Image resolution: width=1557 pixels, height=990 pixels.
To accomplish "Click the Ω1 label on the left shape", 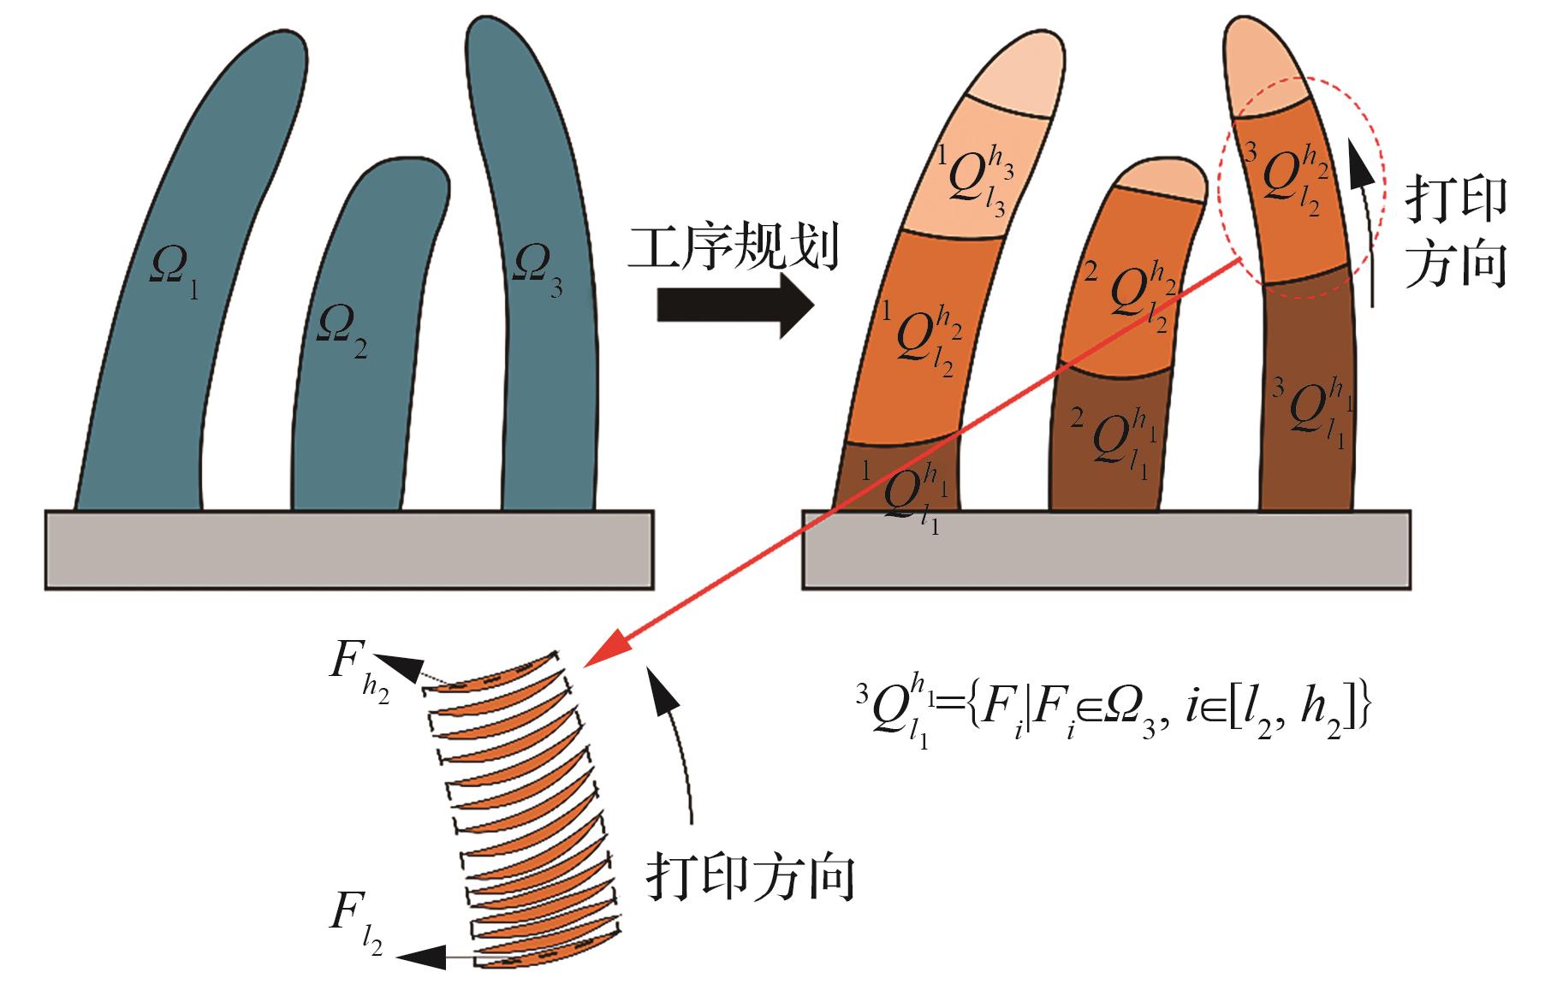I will click(x=175, y=272).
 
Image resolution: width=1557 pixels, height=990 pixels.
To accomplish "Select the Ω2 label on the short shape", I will click(x=342, y=335).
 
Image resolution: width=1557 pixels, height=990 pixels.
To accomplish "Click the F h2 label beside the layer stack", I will click(x=360, y=680).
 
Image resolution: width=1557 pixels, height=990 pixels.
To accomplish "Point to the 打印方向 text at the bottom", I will click(x=752, y=878).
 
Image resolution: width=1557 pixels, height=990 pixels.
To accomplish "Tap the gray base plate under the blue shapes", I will click(x=348, y=549).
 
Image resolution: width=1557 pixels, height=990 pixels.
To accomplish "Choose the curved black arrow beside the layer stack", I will click(x=675, y=736).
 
